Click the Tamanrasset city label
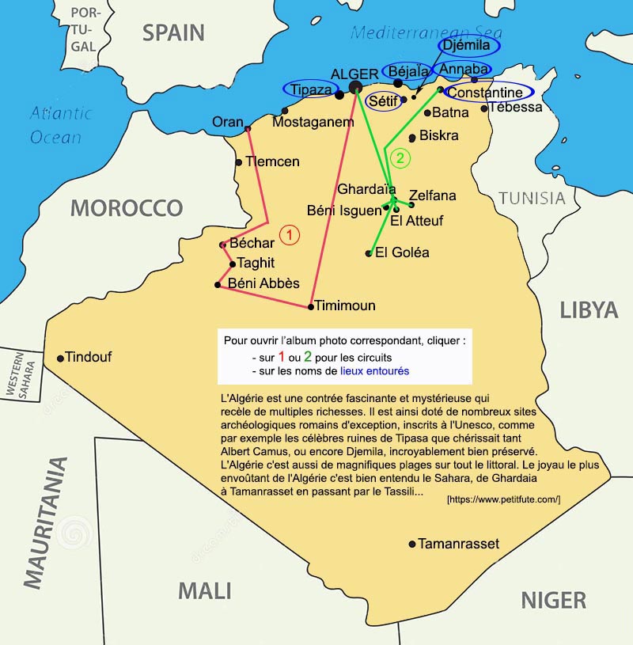[x=458, y=544]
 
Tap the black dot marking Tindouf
[x=60, y=359]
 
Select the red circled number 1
[x=290, y=235]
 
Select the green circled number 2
[x=400, y=158]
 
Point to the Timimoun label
[x=345, y=305]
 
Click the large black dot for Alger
[x=355, y=87]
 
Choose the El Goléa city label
[x=402, y=252]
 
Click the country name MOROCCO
[x=127, y=208]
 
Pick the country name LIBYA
[x=589, y=309]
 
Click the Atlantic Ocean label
[x=59, y=125]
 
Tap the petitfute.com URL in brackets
[x=503, y=499]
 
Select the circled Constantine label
[x=485, y=93]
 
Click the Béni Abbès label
[x=263, y=283]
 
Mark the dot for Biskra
[x=412, y=138]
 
